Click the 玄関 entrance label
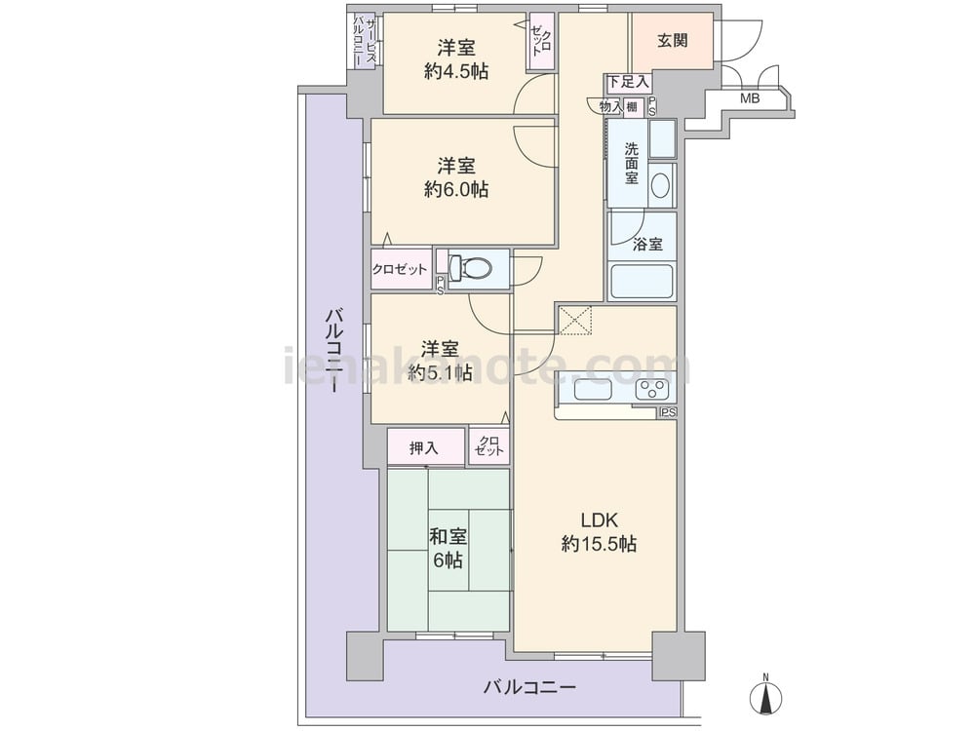click(672, 41)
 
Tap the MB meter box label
click(749, 98)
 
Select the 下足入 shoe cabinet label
click(628, 81)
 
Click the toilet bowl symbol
click(470, 267)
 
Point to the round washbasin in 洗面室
click(660, 185)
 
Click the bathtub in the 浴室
click(642, 282)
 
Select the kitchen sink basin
click(593, 391)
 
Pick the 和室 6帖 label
click(448, 548)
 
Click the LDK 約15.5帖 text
click(599, 532)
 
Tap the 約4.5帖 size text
click(455, 71)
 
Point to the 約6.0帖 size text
click(455, 189)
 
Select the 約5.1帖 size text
click(440, 371)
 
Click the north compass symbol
click(766, 698)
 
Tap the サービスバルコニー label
click(364, 41)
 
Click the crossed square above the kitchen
click(574, 321)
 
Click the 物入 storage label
click(610, 107)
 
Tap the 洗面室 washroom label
click(631, 163)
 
